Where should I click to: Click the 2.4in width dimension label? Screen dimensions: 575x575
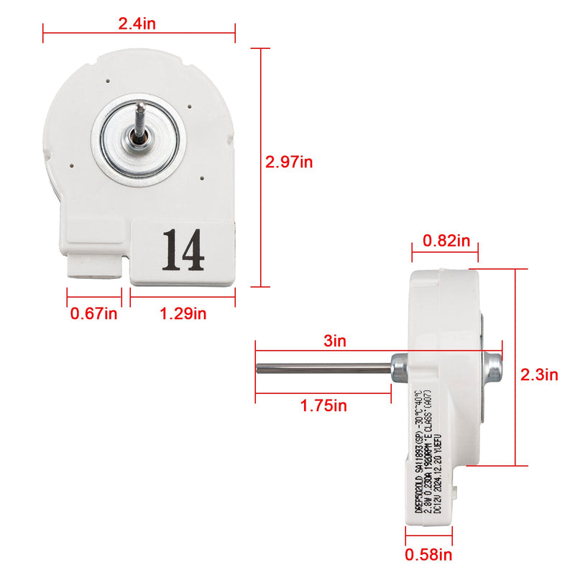tap(137, 23)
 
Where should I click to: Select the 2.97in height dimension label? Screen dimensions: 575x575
tap(289, 162)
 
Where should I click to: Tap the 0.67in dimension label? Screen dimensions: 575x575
tap(94, 313)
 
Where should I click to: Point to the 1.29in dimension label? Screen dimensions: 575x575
tap(183, 313)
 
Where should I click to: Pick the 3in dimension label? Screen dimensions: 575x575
tap(335, 341)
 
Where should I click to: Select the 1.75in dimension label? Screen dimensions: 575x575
tap(323, 405)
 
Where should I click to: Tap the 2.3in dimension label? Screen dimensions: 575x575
tap(539, 374)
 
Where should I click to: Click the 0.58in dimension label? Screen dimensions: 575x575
tap(429, 554)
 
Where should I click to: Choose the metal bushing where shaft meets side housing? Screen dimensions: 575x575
tap(397, 367)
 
